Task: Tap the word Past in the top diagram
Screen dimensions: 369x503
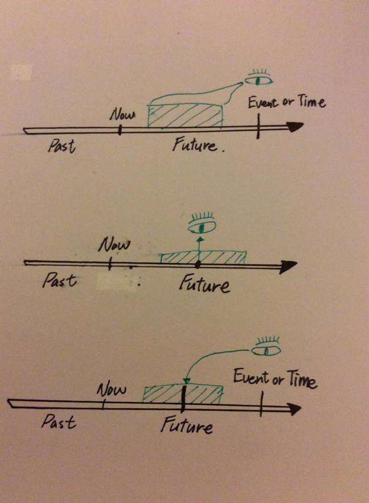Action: (61, 146)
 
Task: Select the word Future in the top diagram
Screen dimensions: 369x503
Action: (194, 146)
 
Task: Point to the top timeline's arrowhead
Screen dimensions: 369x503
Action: (295, 128)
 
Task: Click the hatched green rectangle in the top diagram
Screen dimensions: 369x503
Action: (184, 115)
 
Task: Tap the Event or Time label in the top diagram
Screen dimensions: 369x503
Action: (287, 102)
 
